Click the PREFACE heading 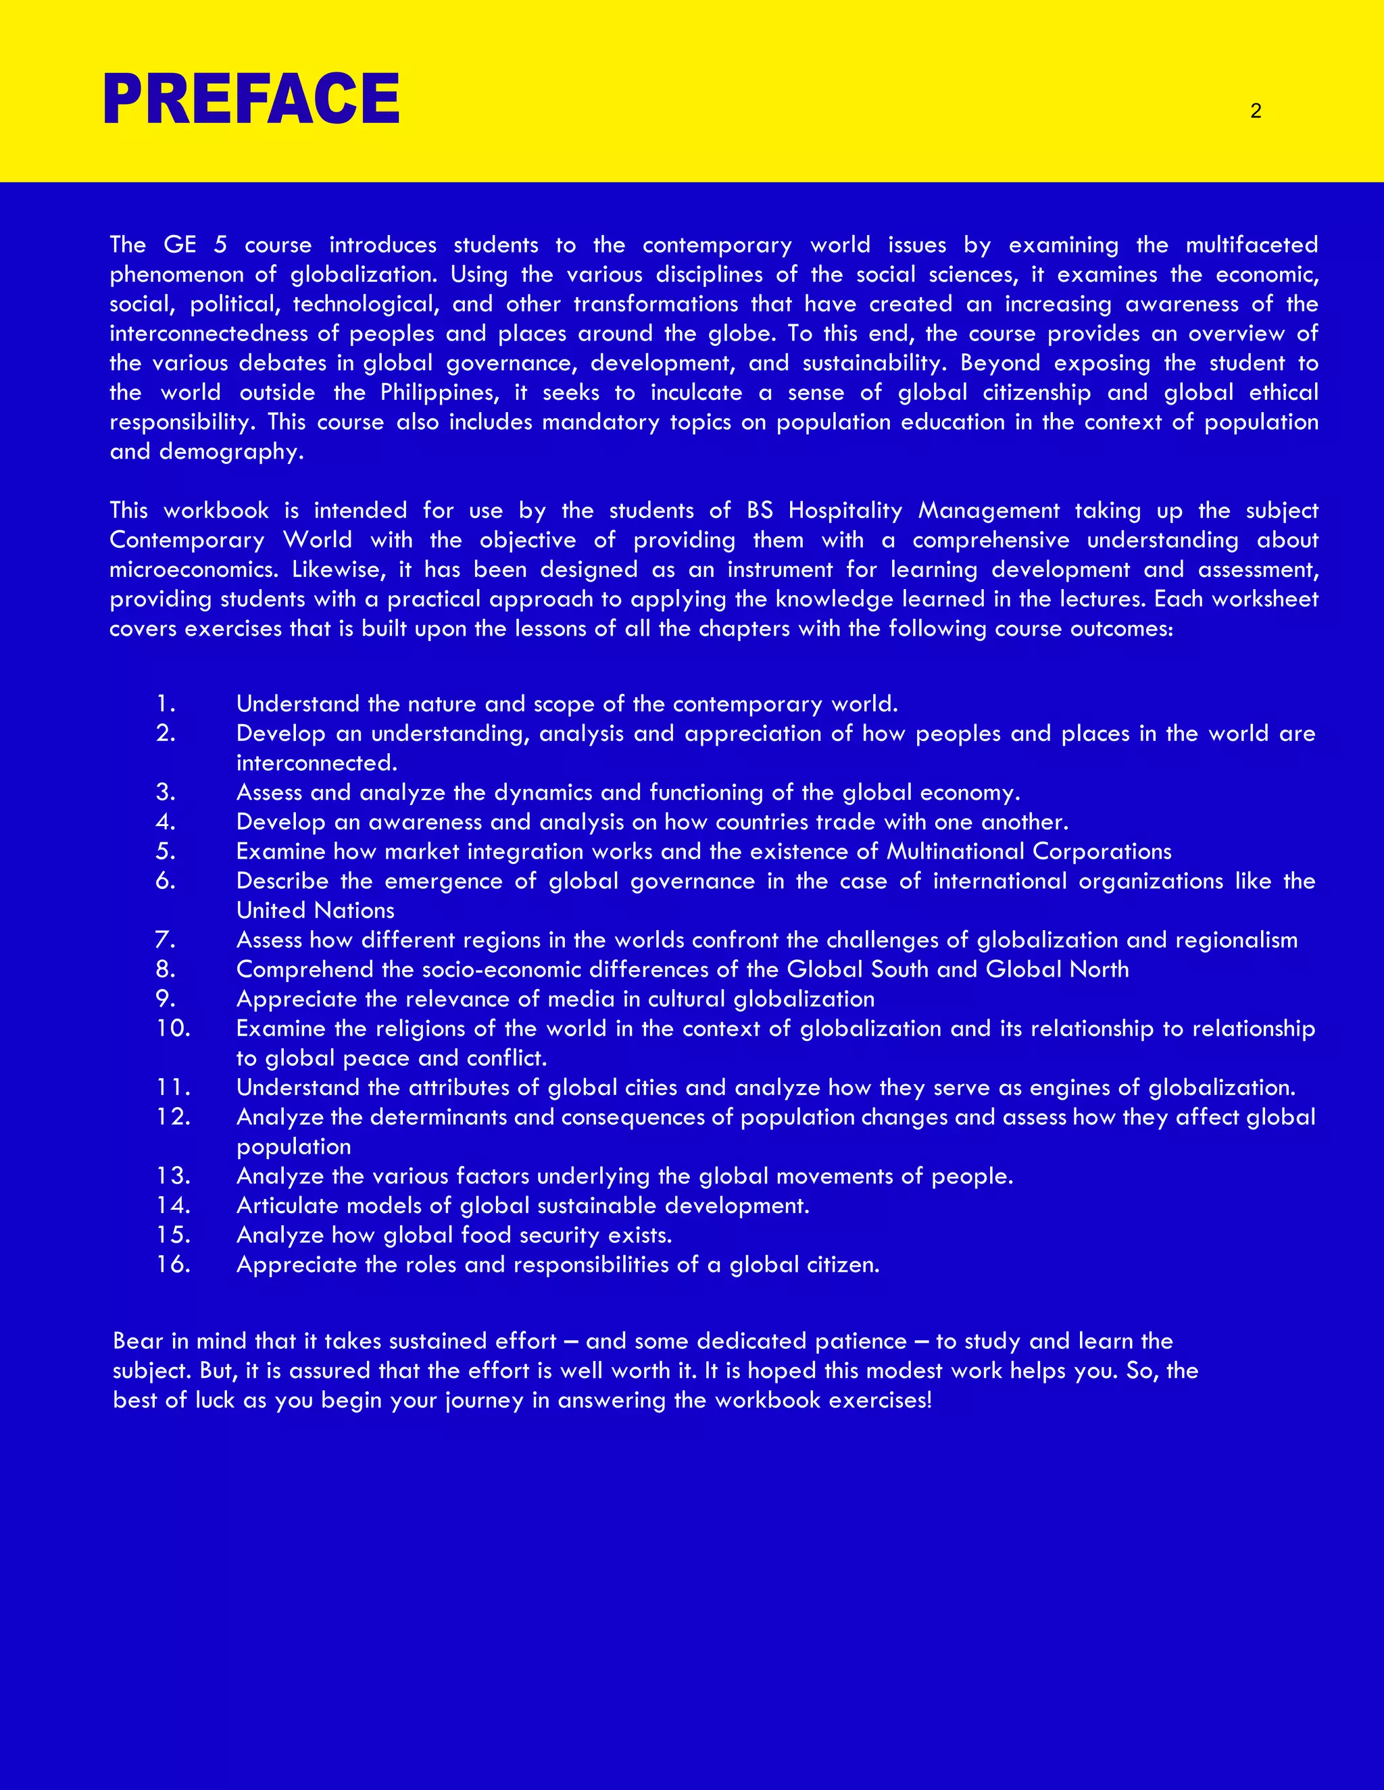pyautogui.click(x=251, y=99)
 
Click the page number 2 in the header pyautogui.click(x=1256, y=111)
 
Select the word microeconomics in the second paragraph pyautogui.click(x=193, y=569)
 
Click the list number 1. pyautogui.click(x=166, y=704)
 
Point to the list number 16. pyautogui.click(x=173, y=1264)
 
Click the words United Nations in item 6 pyautogui.click(x=315, y=911)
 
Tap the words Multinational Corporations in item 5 pyautogui.click(x=1029, y=852)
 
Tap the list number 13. pyautogui.click(x=173, y=1176)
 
